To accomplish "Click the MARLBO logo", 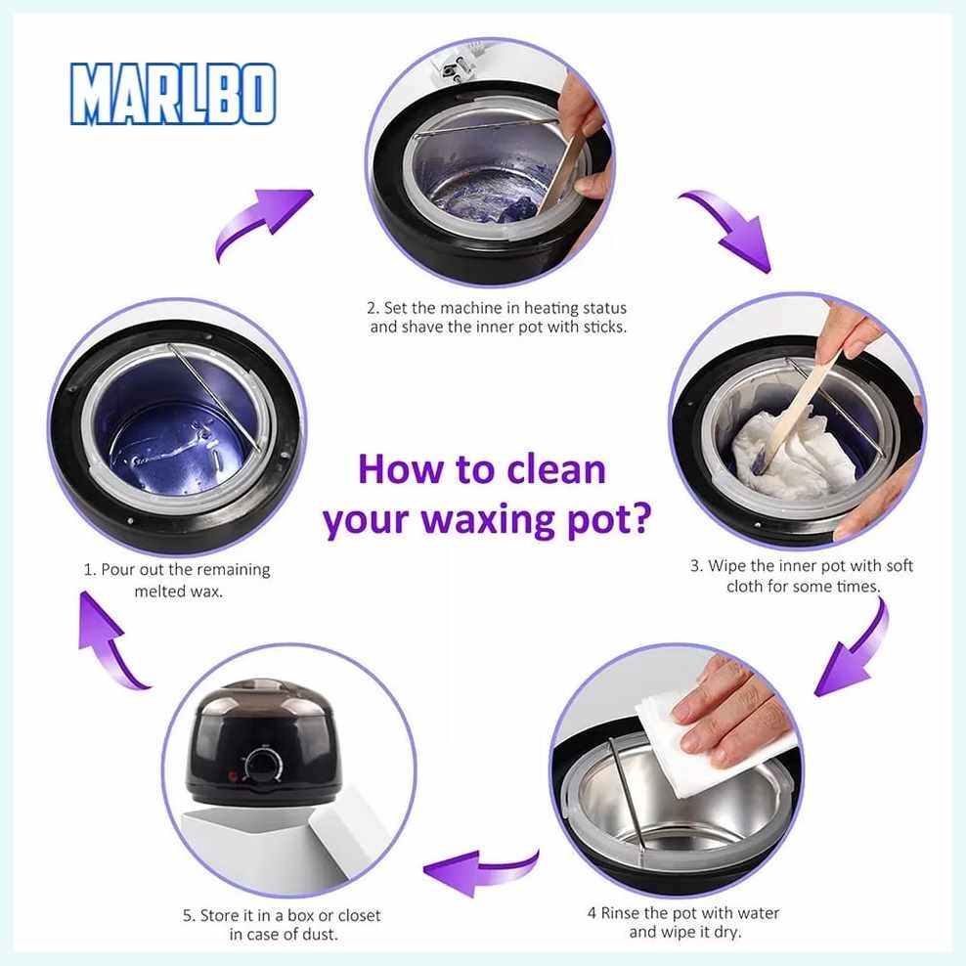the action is pos(172,94).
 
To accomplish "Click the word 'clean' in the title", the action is pos(556,469).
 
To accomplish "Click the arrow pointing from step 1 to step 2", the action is pos(259,222).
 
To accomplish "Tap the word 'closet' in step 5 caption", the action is pos(359,915).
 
